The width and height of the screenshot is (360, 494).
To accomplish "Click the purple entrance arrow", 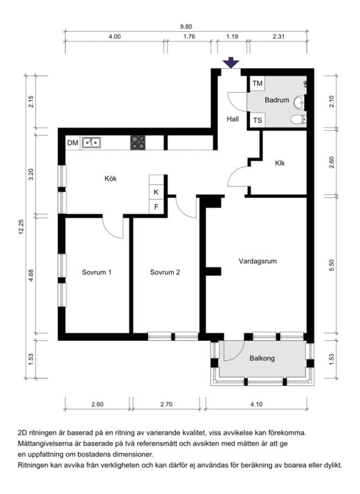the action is [x=231, y=62].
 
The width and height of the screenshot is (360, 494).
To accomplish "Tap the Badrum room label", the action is [x=277, y=100].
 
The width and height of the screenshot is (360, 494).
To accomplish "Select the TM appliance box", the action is [x=257, y=84].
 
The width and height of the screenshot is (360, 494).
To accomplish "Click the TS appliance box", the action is [x=257, y=120].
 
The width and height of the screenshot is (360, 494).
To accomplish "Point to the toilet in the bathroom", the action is [x=298, y=119].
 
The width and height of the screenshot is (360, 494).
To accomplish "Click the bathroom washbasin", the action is [x=300, y=102].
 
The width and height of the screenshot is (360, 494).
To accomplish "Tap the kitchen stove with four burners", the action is [x=138, y=143].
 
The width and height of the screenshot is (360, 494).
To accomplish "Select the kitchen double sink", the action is [x=91, y=143].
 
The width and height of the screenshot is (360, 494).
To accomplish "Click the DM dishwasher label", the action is [x=73, y=143].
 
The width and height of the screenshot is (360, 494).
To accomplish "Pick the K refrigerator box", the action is [x=156, y=192].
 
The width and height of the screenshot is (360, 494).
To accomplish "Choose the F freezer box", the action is [x=156, y=206].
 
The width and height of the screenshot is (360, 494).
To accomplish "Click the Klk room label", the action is [x=280, y=164].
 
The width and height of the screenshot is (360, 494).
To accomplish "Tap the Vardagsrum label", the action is [x=258, y=261].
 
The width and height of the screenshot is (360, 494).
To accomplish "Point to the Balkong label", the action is [x=262, y=358].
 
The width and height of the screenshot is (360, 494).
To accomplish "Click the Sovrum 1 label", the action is [x=97, y=272].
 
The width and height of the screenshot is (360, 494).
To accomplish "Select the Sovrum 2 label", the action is [x=165, y=272].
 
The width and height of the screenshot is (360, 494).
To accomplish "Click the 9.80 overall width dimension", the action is [x=186, y=27].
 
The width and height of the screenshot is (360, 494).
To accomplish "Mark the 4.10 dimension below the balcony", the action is [x=256, y=404].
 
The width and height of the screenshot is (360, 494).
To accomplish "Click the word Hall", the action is [x=233, y=119].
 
